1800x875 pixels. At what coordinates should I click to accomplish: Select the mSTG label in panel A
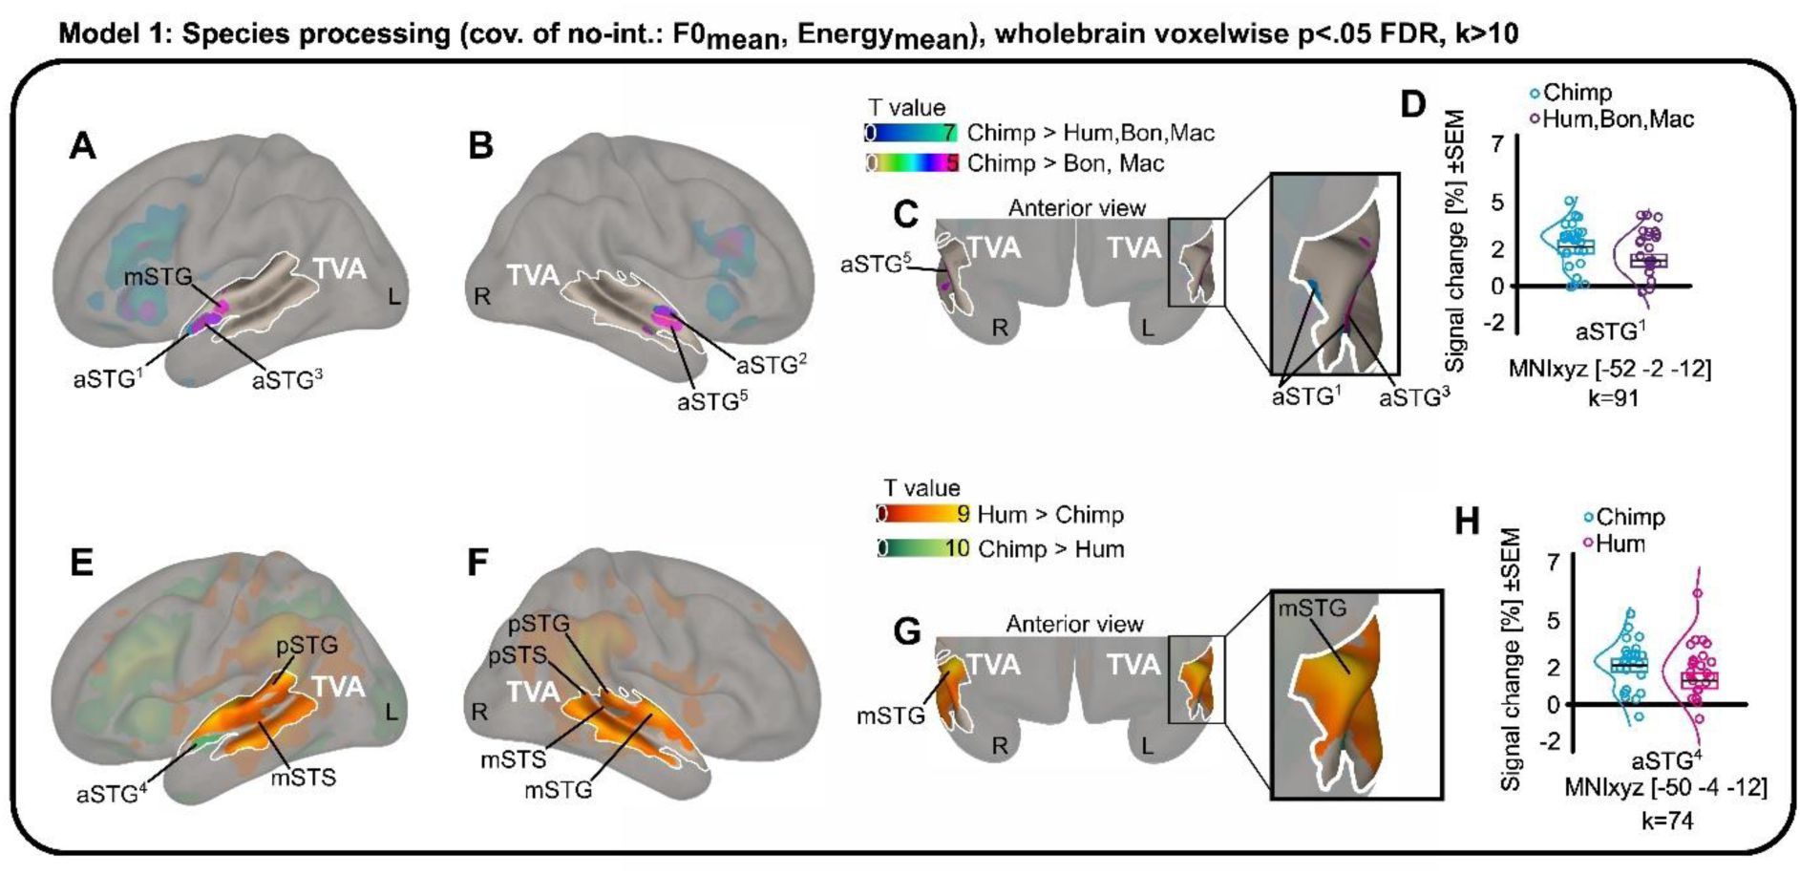point(158,277)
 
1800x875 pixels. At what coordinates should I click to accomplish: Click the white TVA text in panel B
point(533,276)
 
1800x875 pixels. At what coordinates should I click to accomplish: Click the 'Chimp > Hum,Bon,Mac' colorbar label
point(1090,133)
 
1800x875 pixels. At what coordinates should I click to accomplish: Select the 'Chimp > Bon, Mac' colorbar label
point(1065,163)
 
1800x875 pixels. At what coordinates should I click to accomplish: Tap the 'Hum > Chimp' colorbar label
point(1049,515)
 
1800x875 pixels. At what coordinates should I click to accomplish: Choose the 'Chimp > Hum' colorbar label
point(1050,549)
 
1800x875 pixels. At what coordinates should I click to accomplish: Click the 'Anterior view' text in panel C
point(1076,208)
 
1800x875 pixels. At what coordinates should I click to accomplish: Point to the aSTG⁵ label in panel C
point(875,265)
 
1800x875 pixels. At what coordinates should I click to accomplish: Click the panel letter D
point(1412,105)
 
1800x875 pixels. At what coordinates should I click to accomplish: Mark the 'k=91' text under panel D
point(1613,397)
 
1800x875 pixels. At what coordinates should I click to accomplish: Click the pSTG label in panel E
point(307,646)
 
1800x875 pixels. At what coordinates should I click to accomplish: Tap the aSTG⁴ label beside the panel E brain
point(111,793)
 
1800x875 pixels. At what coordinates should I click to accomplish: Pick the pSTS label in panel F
point(516,656)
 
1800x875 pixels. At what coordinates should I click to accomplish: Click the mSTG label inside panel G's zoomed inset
point(1312,608)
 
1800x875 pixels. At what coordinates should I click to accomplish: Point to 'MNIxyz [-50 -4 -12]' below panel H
point(1664,788)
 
